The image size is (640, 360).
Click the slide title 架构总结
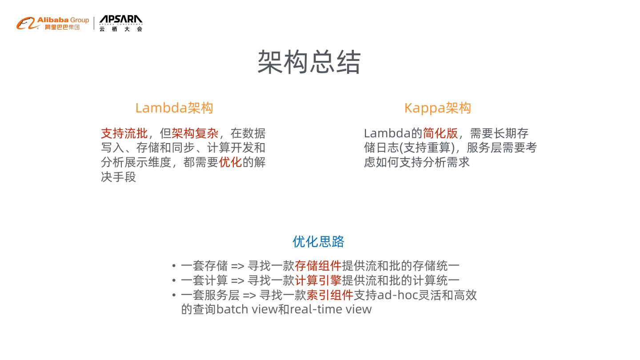coord(309,62)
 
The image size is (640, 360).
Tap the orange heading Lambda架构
coord(174,108)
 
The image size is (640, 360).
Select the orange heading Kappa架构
coord(437,108)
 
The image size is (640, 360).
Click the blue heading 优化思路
coord(318,242)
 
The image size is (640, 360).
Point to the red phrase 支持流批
coord(124,133)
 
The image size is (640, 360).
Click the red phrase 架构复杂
coord(195,133)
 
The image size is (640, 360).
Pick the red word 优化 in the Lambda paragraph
coord(230,162)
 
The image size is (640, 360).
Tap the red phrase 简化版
coord(440,133)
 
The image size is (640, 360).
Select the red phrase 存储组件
coord(318,266)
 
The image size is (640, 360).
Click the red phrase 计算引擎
coord(318,280)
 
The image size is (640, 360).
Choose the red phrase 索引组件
coord(329,295)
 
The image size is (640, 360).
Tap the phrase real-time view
coord(331,309)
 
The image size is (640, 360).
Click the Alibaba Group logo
coord(53,23)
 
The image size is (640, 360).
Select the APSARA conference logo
coord(120,23)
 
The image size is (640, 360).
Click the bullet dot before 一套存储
coord(174,266)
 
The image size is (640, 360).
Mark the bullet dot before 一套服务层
coord(174,296)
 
